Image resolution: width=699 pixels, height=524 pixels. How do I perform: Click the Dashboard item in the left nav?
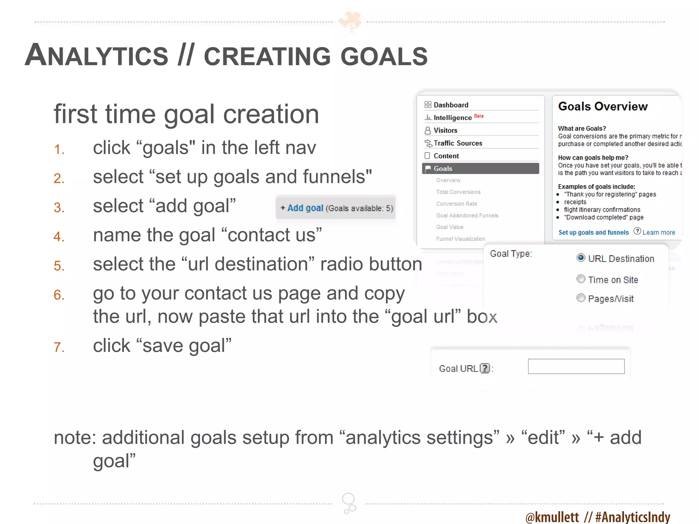[x=451, y=105]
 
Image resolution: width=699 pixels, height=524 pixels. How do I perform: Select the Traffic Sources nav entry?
[x=457, y=143]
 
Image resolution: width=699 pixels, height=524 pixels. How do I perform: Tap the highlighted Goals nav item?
[x=480, y=169]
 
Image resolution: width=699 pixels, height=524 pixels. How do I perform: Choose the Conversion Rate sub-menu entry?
[x=456, y=204]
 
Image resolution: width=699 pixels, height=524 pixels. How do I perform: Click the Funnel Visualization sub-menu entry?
[x=460, y=239]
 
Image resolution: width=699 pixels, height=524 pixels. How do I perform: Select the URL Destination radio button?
[x=581, y=258]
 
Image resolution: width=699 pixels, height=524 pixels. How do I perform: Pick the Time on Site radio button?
[x=581, y=279]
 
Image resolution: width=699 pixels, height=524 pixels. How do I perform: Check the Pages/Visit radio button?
[x=581, y=298]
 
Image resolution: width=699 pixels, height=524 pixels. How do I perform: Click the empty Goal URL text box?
[x=576, y=366]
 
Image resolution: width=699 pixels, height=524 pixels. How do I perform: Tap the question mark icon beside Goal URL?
[x=485, y=368]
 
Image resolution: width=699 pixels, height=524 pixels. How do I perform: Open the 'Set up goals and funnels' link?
[x=593, y=233]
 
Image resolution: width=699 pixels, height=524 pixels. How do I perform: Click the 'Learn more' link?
[x=658, y=233]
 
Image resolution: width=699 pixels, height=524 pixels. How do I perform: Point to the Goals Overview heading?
[x=603, y=106]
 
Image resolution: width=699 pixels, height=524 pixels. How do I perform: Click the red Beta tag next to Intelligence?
[x=479, y=116]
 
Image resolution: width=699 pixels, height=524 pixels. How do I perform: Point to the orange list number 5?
[x=59, y=266]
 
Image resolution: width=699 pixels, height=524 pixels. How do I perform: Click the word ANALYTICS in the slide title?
[x=97, y=56]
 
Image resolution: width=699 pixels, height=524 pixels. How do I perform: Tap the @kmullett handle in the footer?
[x=552, y=517]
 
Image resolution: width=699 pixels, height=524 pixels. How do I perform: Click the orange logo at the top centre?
[x=350, y=21]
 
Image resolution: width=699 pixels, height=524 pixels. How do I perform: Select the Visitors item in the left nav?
[x=445, y=131]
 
